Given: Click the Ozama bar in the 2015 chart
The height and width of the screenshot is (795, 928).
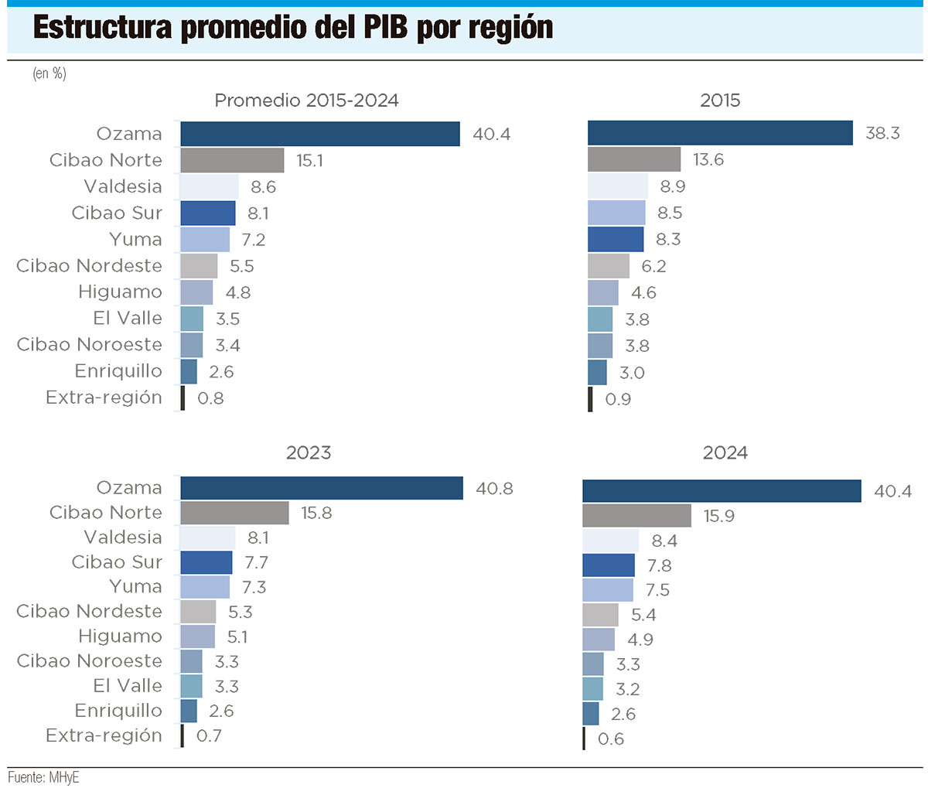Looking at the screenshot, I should pyautogui.click(x=719, y=133).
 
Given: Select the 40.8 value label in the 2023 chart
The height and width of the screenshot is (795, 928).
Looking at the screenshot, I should pyautogui.click(x=494, y=489).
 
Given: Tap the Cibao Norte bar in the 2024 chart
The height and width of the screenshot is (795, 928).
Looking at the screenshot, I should pyautogui.click(x=636, y=516).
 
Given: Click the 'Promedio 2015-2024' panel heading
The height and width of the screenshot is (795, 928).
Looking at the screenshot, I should pyautogui.click(x=306, y=101).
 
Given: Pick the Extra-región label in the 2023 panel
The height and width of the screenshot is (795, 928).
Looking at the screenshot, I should pyautogui.click(x=104, y=735).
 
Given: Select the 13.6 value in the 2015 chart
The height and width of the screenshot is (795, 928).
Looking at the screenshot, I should pyautogui.click(x=708, y=160).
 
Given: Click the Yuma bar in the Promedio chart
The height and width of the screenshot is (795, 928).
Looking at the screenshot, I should pyautogui.click(x=205, y=240).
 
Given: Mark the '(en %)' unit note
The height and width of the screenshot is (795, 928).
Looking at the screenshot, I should pyautogui.click(x=49, y=73).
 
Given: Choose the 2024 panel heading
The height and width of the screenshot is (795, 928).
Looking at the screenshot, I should pyautogui.click(x=725, y=453).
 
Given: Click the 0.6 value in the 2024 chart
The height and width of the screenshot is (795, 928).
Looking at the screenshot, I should pyautogui.click(x=611, y=739).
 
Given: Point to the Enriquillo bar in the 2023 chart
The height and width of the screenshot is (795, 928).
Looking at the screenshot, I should pyautogui.click(x=189, y=711).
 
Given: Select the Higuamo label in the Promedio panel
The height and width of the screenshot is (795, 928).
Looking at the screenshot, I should pyautogui.click(x=120, y=292).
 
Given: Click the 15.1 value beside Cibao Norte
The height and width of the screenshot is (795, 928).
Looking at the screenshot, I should pyautogui.click(x=309, y=161).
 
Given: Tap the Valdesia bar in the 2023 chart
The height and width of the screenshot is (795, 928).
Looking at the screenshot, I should pyautogui.click(x=207, y=537).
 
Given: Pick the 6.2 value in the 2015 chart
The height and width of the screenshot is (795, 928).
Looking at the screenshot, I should pyautogui.click(x=653, y=267).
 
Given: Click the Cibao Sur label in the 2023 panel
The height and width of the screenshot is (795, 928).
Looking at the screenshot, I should pyautogui.click(x=117, y=562).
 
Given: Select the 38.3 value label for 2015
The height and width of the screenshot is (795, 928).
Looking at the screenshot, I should pyautogui.click(x=882, y=133).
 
